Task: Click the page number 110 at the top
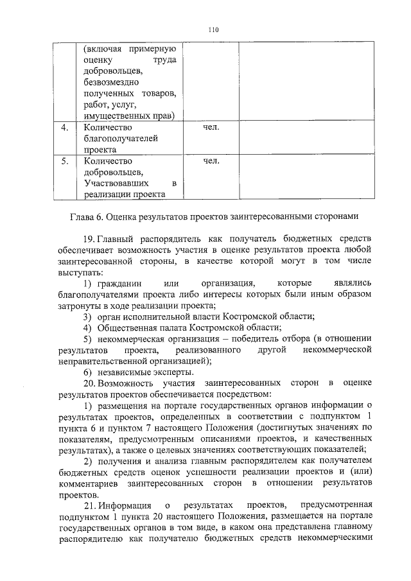214,29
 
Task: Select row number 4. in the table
64,127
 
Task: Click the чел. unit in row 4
211,127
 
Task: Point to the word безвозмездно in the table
112,83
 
